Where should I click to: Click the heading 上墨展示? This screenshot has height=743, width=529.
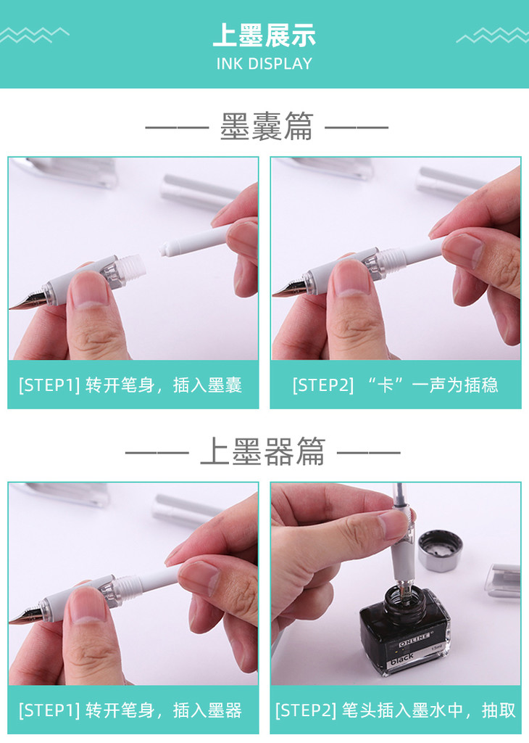[x=264, y=35]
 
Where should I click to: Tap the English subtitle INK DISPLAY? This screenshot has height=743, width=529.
[x=264, y=64]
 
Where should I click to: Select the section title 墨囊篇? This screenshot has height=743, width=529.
[x=267, y=126]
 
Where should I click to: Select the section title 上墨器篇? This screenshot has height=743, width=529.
[x=262, y=451]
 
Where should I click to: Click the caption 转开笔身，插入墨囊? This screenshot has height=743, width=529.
[x=164, y=385]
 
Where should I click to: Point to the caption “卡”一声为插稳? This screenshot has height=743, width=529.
[x=433, y=385]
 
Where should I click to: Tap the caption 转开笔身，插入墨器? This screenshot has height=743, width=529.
[x=164, y=710]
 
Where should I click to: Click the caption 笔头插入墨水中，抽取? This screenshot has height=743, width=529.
[x=428, y=710]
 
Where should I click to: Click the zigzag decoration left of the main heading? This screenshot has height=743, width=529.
[x=34, y=35]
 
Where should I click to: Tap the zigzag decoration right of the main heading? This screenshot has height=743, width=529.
[x=493, y=35]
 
